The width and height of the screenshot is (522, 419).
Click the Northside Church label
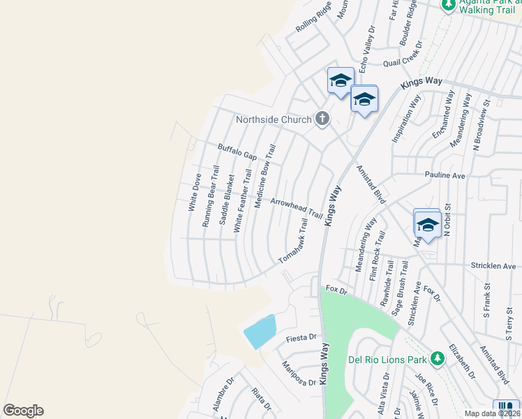point(274,119)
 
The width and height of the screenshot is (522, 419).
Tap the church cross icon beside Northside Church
point(322,119)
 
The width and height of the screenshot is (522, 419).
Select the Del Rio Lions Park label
point(387,360)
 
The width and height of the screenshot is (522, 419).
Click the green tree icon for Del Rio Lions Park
point(437,358)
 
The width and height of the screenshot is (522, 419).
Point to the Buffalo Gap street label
point(234,152)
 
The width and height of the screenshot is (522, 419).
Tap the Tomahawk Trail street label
point(294,241)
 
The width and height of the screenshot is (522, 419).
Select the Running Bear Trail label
point(210,196)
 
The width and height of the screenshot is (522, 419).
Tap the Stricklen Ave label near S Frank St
point(493,266)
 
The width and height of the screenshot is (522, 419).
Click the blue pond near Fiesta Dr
point(260,332)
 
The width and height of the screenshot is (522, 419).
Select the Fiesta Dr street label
point(302,339)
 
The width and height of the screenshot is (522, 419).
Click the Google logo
point(23,410)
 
